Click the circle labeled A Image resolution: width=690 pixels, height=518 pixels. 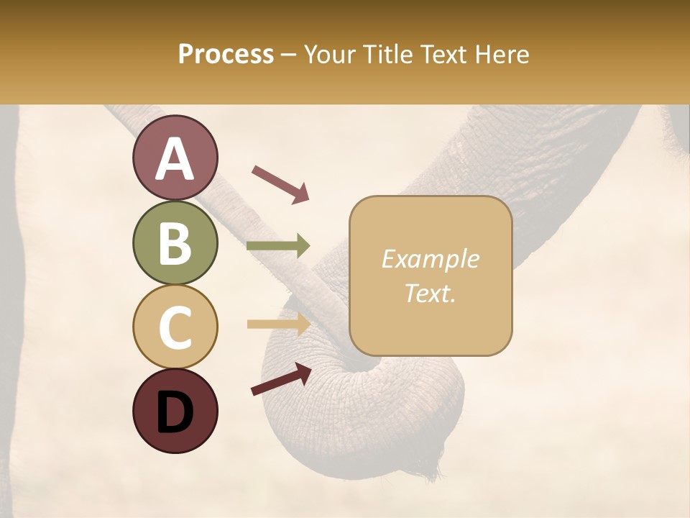click(x=175, y=158)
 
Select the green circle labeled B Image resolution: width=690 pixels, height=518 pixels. click(x=175, y=242)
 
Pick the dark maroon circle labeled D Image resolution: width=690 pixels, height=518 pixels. click(x=175, y=411)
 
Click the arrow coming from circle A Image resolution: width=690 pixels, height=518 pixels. click(x=280, y=183)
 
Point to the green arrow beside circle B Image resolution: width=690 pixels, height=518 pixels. click(x=278, y=246)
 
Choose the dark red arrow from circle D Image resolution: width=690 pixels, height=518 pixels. click(x=281, y=378)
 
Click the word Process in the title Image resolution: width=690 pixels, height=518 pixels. click(x=226, y=54)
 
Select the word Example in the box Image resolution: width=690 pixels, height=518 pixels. click(x=430, y=259)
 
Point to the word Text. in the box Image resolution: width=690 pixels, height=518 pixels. click(x=430, y=293)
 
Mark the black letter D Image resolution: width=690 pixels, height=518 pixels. click(x=175, y=412)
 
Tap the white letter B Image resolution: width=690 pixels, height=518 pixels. click(x=175, y=243)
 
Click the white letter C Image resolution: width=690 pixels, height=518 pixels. click(x=175, y=327)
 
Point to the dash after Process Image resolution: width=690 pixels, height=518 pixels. click(x=289, y=55)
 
